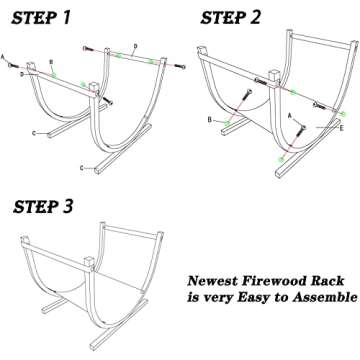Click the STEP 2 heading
(x=233, y=16)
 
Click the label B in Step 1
(x=52, y=63)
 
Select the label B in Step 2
(x=209, y=120)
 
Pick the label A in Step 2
(x=289, y=117)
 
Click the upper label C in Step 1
(x=35, y=131)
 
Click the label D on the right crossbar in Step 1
(x=135, y=46)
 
